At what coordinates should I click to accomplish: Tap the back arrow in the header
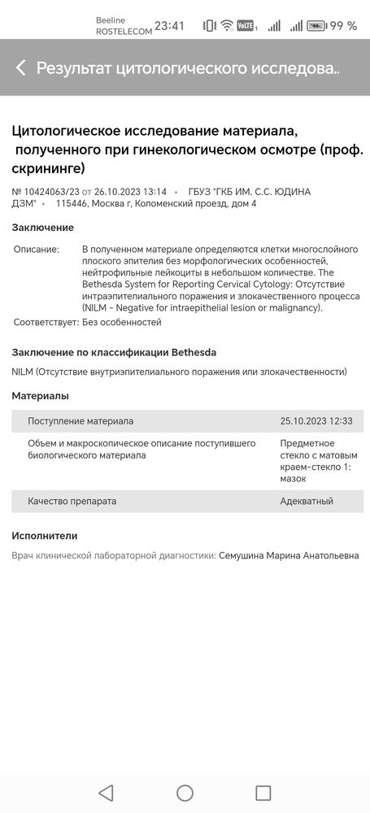click(x=21, y=67)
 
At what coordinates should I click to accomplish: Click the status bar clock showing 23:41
click(x=169, y=25)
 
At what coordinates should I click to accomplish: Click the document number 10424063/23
click(x=46, y=191)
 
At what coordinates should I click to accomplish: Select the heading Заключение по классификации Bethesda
click(x=114, y=352)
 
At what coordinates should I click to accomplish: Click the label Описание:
click(x=37, y=249)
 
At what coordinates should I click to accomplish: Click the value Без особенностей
click(x=122, y=322)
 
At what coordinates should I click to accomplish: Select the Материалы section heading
click(x=41, y=396)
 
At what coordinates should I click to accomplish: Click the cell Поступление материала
click(x=81, y=421)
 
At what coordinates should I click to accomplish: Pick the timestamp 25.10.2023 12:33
click(x=316, y=421)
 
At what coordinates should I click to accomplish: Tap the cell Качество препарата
click(x=72, y=501)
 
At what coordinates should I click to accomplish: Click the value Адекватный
click(x=307, y=501)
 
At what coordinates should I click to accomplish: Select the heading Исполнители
click(x=45, y=536)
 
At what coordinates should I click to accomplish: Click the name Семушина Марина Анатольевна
click(x=289, y=555)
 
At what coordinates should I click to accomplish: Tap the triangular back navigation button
click(x=106, y=793)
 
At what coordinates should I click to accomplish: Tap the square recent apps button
click(x=263, y=793)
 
